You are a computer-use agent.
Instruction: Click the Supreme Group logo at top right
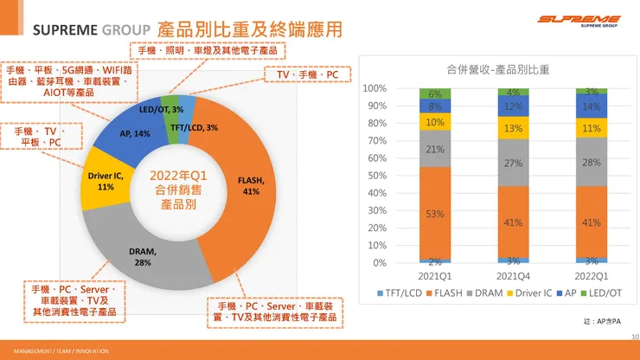pyautogui.click(x=579, y=20)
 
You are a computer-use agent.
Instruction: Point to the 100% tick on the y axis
pyautogui.click(x=374, y=88)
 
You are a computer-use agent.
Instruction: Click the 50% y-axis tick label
pyautogui.click(x=375, y=176)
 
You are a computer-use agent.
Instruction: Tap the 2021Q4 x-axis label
pyautogui.click(x=513, y=276)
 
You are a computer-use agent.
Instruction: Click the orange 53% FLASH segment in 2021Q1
pyautogui.click(x=435, y=213)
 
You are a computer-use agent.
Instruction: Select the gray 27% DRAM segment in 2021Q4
pyautogui.click(x=513, y=163)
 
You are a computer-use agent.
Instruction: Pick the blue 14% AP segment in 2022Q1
pyautogui.click(x=591, y=106)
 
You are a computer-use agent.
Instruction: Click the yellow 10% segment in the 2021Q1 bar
pyautogui.click(x=435, y=122)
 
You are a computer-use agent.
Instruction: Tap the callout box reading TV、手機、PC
pyautogui.click(x=307, y=75)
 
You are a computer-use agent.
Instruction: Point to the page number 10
pyautogui.click(x=633, y=337)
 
